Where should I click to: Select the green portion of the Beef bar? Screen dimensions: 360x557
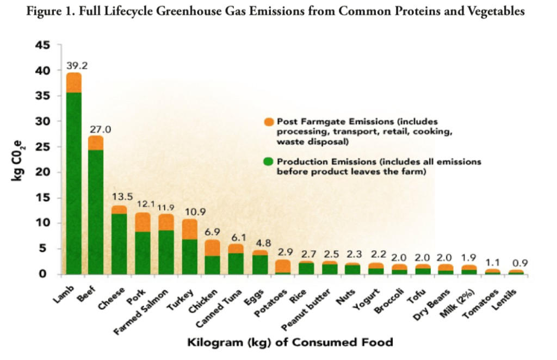click(96, 212)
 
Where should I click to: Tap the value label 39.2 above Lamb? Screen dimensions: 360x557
click(77, 66)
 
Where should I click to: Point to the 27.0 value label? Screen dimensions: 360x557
click(100, 130)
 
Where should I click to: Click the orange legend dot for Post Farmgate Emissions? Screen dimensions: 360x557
click(268, 121)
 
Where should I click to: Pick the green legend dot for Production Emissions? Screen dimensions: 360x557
click(268, 162)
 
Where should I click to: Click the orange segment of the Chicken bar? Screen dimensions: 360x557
click(213, 248)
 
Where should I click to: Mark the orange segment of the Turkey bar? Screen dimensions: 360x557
click(189, 229)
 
